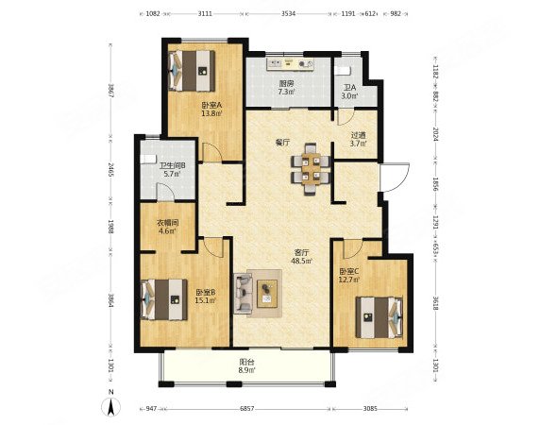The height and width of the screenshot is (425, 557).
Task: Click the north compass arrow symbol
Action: (111, 405)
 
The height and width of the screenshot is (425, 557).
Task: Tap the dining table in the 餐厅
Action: (311, 168)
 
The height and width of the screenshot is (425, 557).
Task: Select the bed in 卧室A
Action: (192, 71)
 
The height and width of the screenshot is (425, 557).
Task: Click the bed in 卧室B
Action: (164, 299)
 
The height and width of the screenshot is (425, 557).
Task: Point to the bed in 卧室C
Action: (380, 317)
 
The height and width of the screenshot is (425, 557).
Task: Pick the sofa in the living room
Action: (243, 293)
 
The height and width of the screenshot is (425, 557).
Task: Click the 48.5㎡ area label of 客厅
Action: (302, 262)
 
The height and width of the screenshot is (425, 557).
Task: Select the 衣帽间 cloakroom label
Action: (168, 223)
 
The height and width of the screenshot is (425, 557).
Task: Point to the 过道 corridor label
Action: (358, 135)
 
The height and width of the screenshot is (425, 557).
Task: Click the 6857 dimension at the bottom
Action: (247, 409)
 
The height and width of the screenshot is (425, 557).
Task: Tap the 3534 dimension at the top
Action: (288, 14)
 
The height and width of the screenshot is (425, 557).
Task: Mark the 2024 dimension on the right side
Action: (436, 134)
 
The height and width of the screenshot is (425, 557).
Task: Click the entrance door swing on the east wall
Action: (395, 177)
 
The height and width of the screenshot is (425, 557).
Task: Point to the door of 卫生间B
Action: (165, 192)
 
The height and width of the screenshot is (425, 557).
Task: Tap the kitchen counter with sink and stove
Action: (290, 64)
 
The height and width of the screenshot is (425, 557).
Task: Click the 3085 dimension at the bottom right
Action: (370, 409)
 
